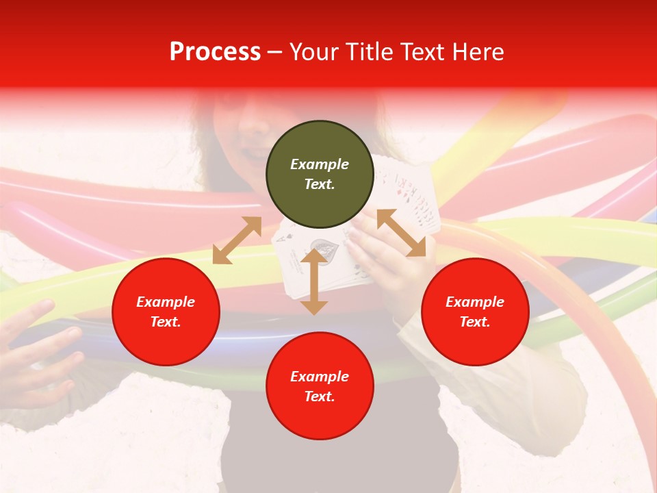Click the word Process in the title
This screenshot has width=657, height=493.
[215, 52]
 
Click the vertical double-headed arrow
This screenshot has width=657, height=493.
[314, 281]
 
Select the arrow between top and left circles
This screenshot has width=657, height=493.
[237, 240]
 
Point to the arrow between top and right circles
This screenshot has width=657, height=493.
[401, 233]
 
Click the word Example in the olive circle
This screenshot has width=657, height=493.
[320, 164]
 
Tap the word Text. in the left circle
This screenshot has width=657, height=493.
[166, 322]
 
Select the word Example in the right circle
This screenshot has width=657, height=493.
[475, 302]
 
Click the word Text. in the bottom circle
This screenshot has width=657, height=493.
[320, 396]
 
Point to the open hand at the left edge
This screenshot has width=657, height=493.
[38, 349]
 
